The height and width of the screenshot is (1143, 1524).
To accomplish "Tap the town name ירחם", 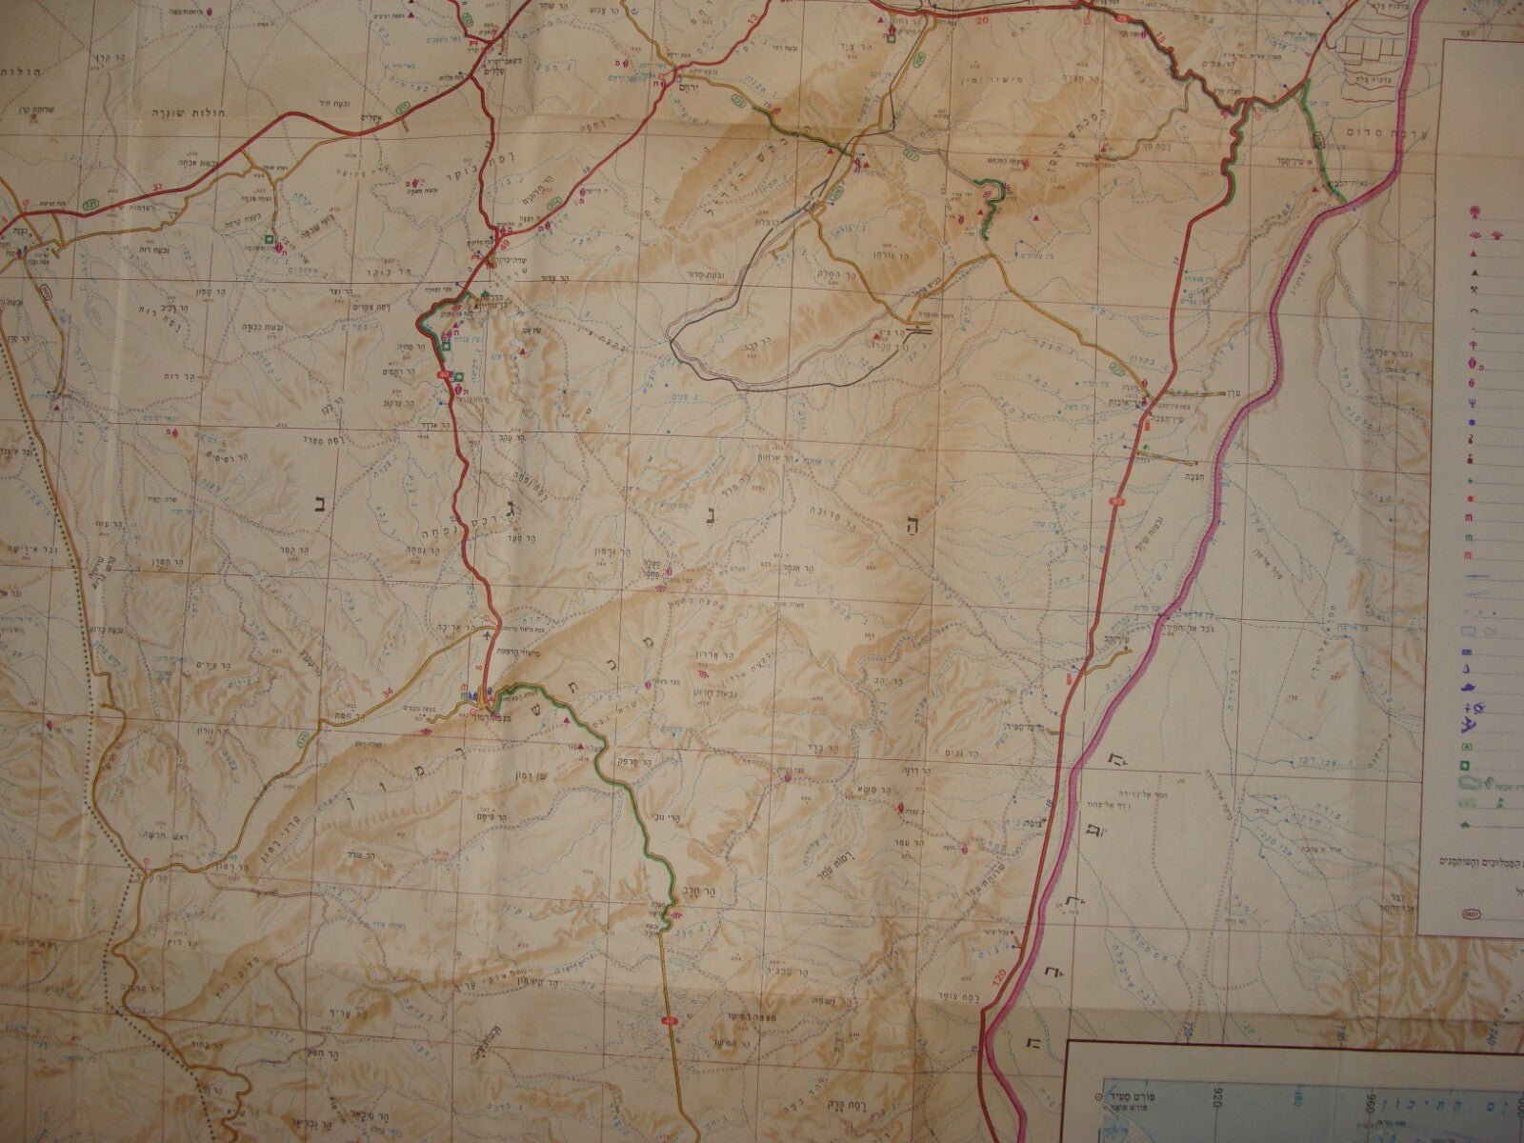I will [x=688, y=83].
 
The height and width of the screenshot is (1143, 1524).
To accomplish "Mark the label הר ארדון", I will [x=726, y=656].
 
